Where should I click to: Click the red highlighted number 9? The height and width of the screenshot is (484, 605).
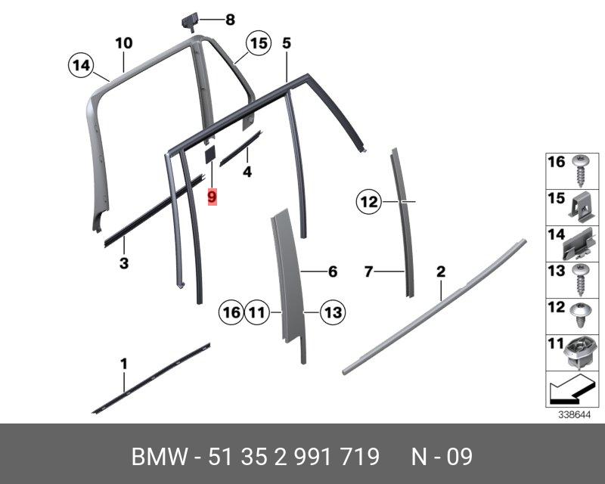click(213, 197)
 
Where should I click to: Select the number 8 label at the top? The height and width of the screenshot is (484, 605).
click(230, 20)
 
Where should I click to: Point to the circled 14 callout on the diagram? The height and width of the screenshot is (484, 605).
click(79, 66)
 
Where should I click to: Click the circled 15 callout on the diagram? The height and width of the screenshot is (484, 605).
click(259, 44)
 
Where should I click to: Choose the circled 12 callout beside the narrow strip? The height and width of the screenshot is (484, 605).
click(368, 202)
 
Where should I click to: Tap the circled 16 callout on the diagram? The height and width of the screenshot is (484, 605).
click(231, 311)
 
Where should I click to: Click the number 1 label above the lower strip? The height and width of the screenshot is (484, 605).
click(124, 365)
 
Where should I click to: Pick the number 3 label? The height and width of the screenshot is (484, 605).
click(124, 263)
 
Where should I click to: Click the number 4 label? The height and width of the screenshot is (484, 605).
click(247, 172)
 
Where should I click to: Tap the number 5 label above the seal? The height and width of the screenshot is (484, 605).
click(286, 43)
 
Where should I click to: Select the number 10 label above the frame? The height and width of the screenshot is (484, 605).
click(124, 43)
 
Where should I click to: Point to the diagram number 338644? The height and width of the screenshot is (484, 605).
click(574, 414)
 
